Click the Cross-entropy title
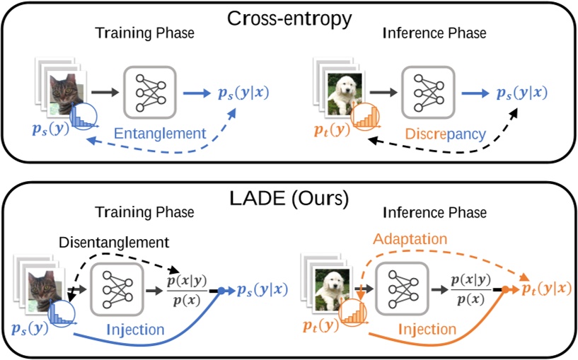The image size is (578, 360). pos(289,19)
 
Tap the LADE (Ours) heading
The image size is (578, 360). pos(289,199)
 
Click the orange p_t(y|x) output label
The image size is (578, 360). pos(545,289)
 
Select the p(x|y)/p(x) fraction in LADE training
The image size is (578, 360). pos(185,289)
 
